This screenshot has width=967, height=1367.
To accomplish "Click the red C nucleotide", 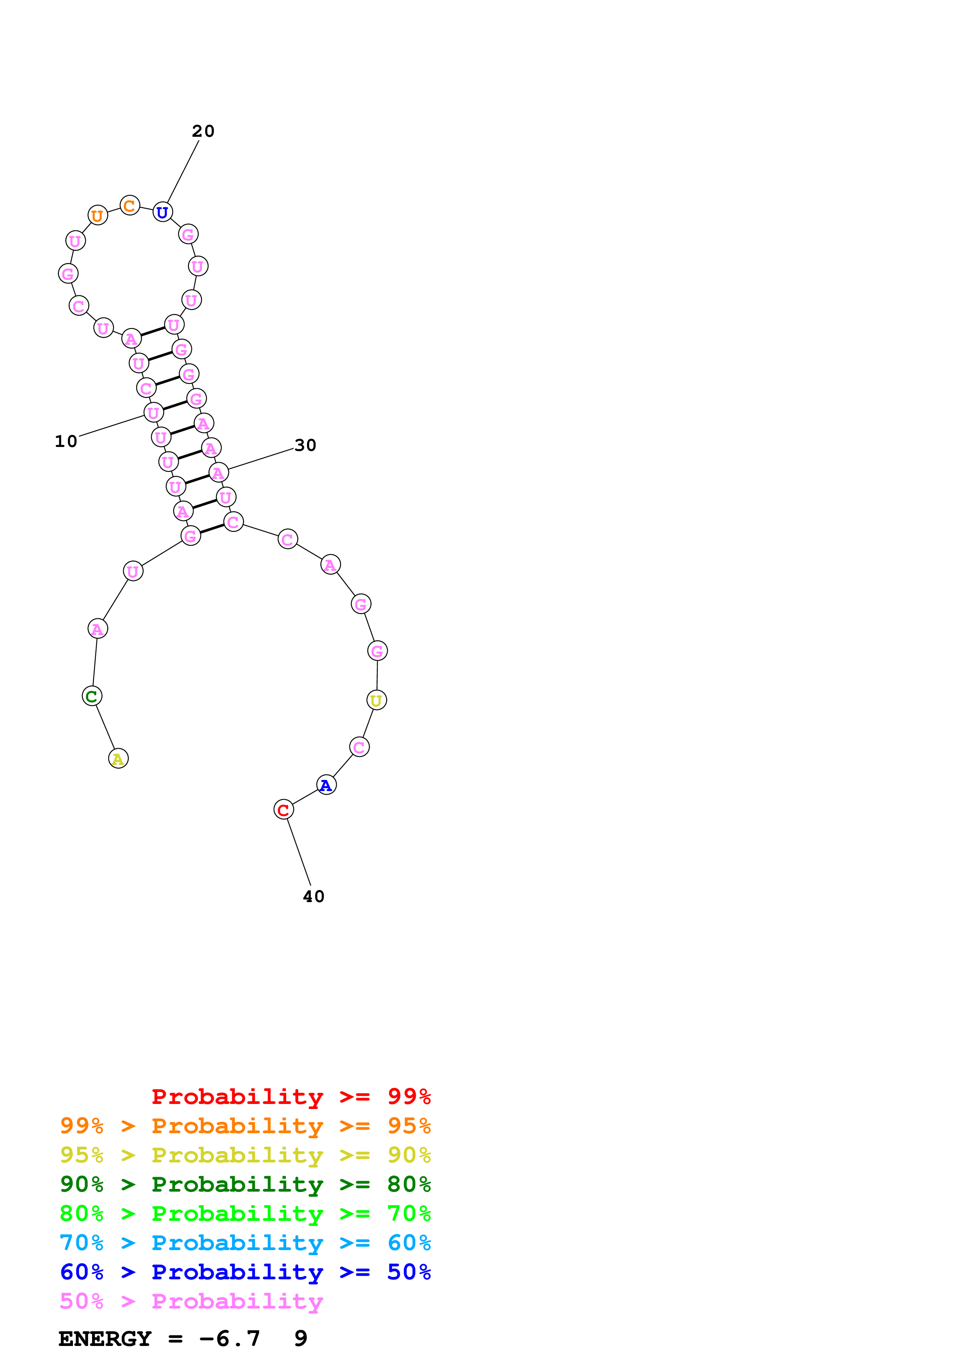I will point(284,810).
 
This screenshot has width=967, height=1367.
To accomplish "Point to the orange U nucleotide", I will point(98,215).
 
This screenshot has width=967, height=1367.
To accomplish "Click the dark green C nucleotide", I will point(92,696).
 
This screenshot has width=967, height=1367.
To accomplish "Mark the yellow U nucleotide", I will point(376,700).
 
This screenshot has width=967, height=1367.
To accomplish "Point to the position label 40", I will point(313,897).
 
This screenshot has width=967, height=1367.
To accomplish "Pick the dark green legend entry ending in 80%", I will point(245,1184).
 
